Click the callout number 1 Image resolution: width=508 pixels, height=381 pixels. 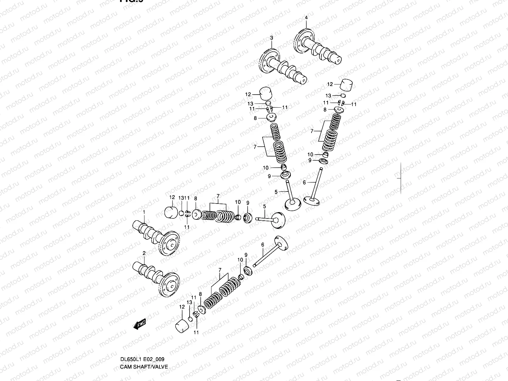[144, 211]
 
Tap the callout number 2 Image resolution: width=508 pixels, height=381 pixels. [144, 253]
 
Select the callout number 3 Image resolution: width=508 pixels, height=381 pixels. [271, 38]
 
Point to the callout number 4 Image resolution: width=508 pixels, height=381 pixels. [306, 18]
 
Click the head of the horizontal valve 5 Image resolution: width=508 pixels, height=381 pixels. [278, 220]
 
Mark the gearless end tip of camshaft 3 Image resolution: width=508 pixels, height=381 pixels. [304, 81]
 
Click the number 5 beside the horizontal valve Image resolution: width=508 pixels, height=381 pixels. [264, 207]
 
